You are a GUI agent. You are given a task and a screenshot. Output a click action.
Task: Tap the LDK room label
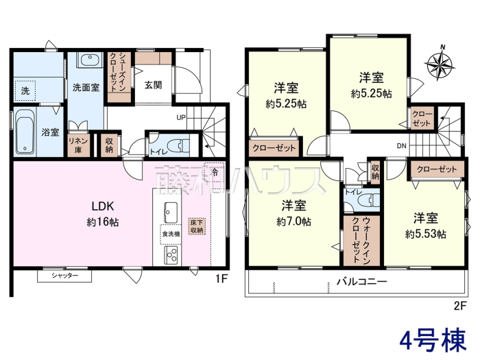pos(103,206)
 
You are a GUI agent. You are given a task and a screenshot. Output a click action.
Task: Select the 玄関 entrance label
pos(153,85)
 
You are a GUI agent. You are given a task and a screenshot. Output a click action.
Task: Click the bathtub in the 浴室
pos(25,132)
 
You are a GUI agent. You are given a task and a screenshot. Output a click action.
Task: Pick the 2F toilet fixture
pos(372,201)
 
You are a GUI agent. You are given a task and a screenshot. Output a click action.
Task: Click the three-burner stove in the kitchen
pos(171,255)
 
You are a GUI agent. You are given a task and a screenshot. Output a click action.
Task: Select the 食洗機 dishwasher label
pos(171,235)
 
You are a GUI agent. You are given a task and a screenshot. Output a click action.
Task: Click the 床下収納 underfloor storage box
pos(197,226)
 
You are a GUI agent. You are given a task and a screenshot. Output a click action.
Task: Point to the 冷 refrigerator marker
pos(215,172)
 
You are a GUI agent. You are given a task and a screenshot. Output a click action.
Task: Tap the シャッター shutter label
pos(64,276)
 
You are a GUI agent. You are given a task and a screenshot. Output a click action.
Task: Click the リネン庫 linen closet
pos(79,145)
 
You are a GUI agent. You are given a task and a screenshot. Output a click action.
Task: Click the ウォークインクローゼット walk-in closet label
pos(362,240)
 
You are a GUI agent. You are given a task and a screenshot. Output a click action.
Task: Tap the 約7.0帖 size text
pos(294,221)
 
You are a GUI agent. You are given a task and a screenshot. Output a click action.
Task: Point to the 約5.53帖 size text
pos(426,235)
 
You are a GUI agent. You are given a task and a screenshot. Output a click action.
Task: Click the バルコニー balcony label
pos(362,281)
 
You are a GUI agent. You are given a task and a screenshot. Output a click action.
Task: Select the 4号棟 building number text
pos(433,340)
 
